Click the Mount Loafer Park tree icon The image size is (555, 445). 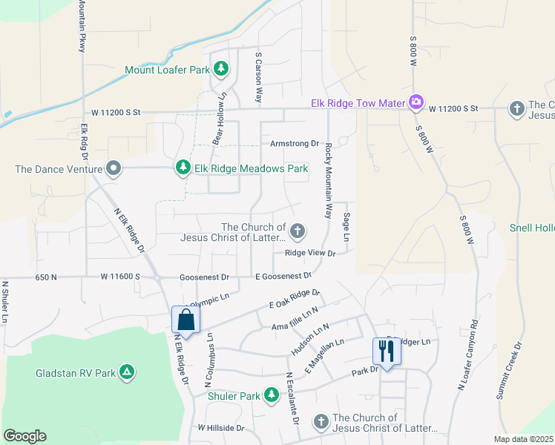(220, 70)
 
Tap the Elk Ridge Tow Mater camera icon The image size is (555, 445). (416, 103)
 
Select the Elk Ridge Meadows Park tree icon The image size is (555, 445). (183, 168)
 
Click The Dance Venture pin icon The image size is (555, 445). (114, 168)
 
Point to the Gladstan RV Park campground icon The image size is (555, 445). (128, 372)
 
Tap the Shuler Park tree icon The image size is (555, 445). (272, 396)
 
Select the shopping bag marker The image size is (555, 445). (185, 320)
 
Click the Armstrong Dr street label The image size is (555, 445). (294, 144)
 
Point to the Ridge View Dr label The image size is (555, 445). (311, 254)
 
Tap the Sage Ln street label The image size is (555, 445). (347, 227)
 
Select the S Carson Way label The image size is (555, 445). (259, 77)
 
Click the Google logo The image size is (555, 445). (24, 436)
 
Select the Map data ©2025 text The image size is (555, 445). (522, 439)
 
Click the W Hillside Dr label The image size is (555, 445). (221, 429)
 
